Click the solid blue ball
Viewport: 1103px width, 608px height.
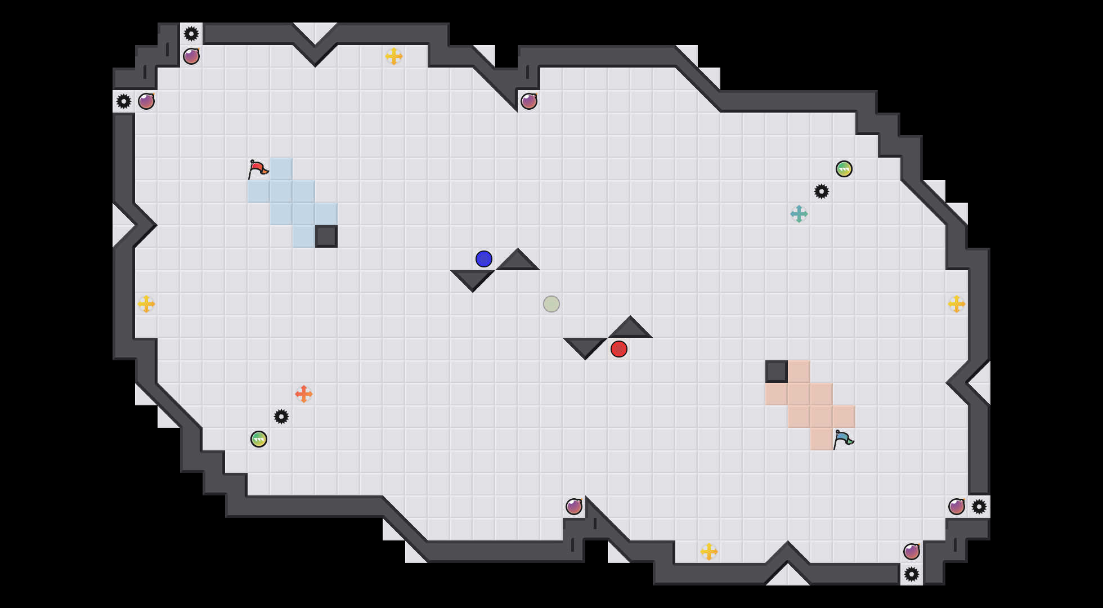pyautogui.click(x=484, y=259)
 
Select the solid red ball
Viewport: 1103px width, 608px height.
pyautogui.click(x=619, y=349)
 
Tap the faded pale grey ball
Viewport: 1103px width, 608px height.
pyautogui.click(x=551, y=304)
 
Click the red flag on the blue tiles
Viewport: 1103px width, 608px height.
pyautogui.click(x=258, y=169)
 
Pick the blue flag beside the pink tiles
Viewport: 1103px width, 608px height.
pyautogui.click(x=843, y=439)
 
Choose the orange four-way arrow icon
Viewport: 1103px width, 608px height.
pyautogui.click(x=304, y=394)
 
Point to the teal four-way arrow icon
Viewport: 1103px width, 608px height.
pyautogui.click(x=799, y=214)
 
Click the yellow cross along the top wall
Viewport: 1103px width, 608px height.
pyautogui.click(x=394, y=56)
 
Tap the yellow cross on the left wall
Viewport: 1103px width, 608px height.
pyautogui.click(x=146, y=304)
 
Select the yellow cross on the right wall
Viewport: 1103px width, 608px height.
pyautogui.click(x=957, y=304)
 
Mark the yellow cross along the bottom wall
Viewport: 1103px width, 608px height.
pyautogui.click(x=709, y=552)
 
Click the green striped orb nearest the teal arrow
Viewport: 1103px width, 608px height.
pyautogui.click(x=844, y=169)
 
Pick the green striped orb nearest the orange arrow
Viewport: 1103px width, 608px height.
pyautogui.click(x=259, y=439)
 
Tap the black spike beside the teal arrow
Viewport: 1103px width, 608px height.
pyautogui.click(x=822, y=191)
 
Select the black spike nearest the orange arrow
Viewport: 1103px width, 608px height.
pyautogui.click(x=281, y=417)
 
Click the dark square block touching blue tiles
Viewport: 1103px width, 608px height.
pyautogui.click(x=326, y=236)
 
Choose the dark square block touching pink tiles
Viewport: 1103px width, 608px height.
pyautogui.click(x=777, y=372)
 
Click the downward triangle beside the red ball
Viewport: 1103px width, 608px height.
pyautogui.click(x=585, y=346)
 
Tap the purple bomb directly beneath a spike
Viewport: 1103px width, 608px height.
pyautogui.click(x=191, y=56)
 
